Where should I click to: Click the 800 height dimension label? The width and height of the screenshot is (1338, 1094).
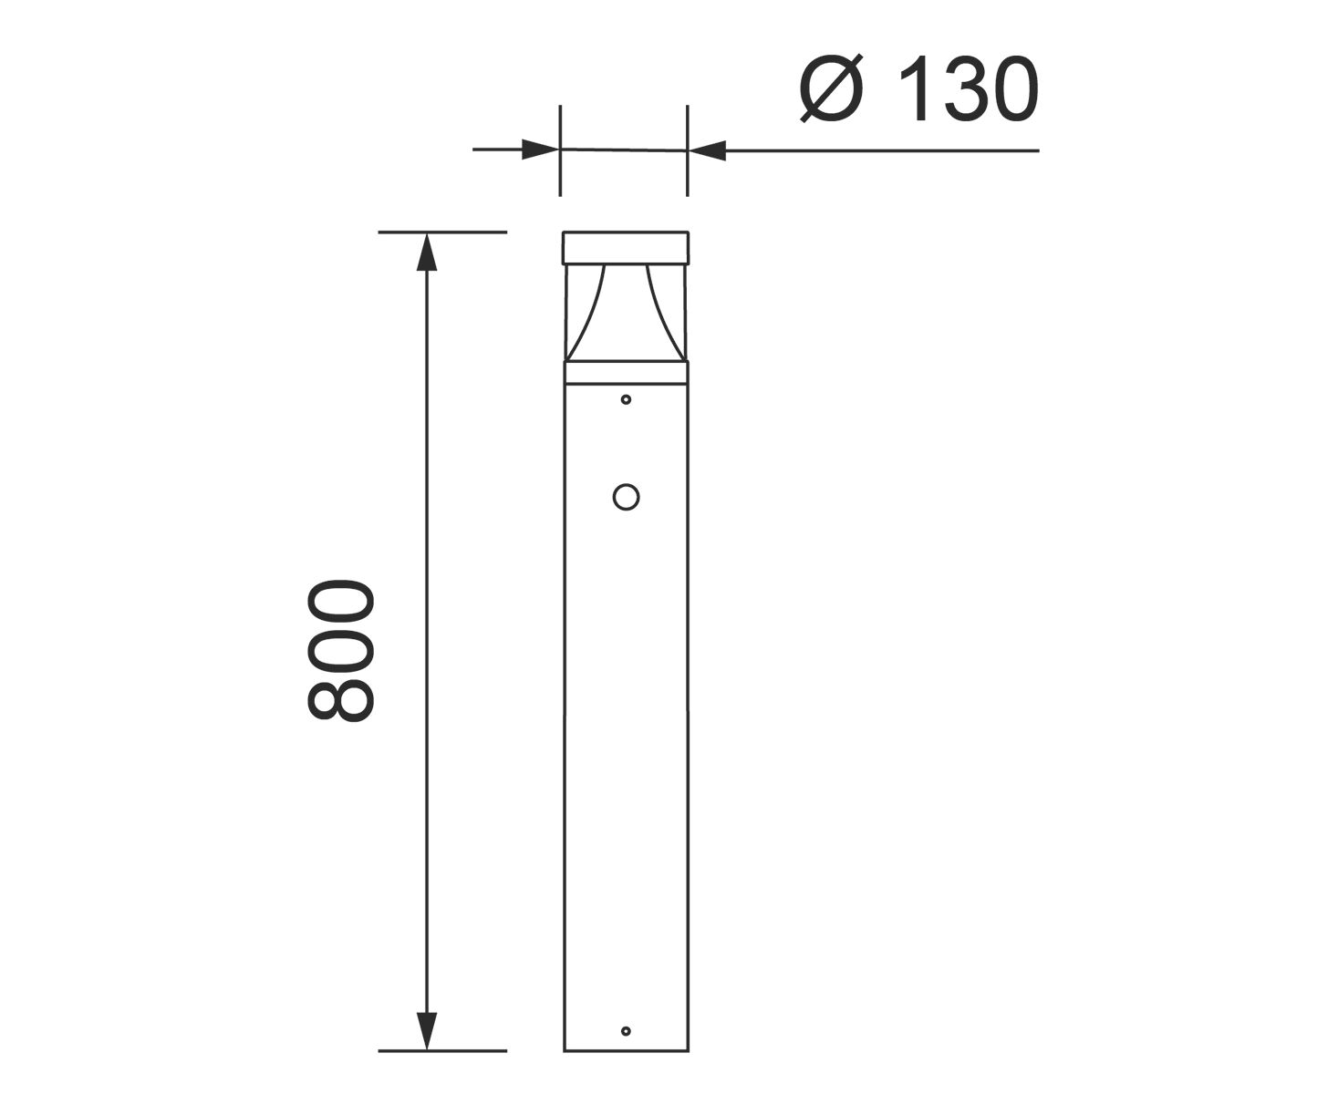pos(341,650)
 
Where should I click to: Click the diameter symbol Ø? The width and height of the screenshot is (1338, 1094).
pos(832,88)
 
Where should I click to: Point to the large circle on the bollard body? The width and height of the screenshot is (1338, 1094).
pos(626,497)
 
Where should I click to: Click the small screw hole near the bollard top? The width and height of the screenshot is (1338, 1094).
pos(626,399)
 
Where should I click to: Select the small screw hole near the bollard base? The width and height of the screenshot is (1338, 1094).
pos(626,1031)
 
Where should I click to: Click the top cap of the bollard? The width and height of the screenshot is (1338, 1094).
pos(626,247)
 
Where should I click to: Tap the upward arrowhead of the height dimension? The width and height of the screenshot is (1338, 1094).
pos(427,252)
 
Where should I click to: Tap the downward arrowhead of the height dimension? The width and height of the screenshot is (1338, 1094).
pos(427,1030)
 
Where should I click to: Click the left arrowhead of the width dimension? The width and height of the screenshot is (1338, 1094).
pos(540,150)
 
